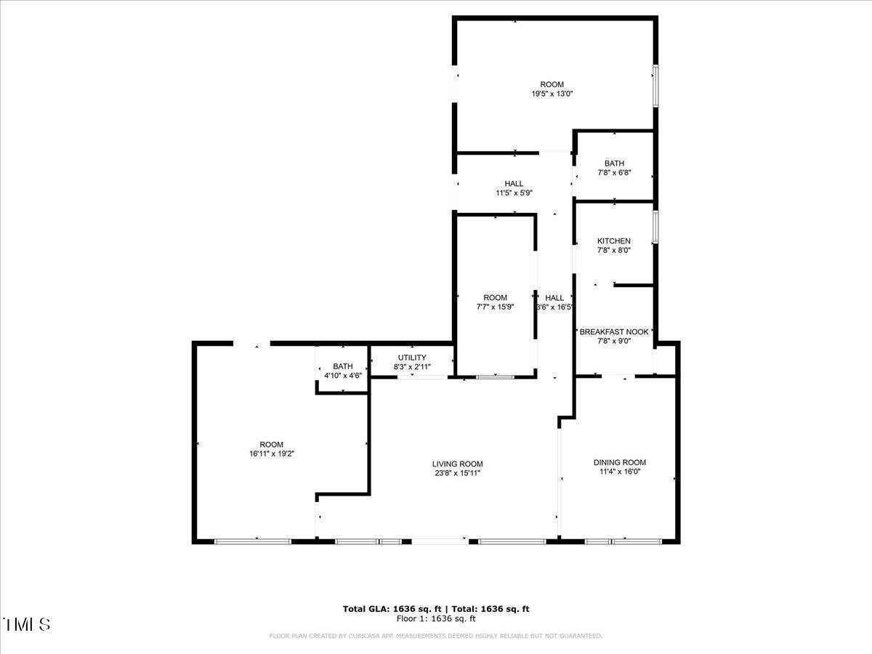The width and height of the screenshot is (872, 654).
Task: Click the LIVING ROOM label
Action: click(x=457, y=464)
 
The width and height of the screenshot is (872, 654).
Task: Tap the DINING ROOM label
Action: click(x=619, y=462)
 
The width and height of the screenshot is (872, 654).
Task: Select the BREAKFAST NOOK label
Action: click(x=614, y=331)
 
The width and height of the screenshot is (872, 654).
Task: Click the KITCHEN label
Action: click(x=614, y=241)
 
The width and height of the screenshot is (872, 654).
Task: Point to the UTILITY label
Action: click(x=412, y=358)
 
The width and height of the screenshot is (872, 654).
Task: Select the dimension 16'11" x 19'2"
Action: click(x=271, y=453)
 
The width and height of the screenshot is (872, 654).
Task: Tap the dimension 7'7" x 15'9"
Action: click(x=495, y=307)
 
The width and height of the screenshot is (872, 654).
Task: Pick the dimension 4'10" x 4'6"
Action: click(x=342, y=375)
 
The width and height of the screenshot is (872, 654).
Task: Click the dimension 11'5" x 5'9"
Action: click(x=514, y=193)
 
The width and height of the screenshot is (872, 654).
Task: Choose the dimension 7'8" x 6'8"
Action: click(x=614, y=173)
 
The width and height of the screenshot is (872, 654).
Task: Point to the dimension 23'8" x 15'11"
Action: click(x=457, y=473)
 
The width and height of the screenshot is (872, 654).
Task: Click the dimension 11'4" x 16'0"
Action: click(x=619, y=471)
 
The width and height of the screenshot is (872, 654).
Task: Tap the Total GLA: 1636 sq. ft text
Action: click(x=392, y=609)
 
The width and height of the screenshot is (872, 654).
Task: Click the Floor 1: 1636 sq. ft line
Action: click(x=436, y=619)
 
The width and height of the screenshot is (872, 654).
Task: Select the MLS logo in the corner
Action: click(x=27, y=624)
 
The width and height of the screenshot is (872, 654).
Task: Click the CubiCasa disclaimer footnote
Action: click(x=436, y=636)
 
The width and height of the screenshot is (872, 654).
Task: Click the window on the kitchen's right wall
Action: click(x=655, y=226)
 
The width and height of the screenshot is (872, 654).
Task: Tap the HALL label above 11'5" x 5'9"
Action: click(x=514, y=183)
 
